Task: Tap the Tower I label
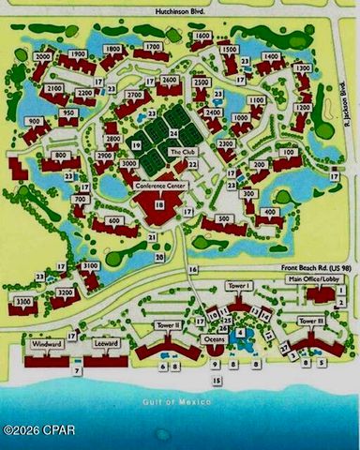[x=238, y=286]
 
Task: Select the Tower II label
[x=169, y=324]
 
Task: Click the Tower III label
[x=311, y=321]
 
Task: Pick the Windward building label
[x=47, y=344]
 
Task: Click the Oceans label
[x=212, y=338]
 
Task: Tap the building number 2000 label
[x=42, y=56]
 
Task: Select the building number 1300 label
[x=303, y=68]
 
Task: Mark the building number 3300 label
[x=23, y=301]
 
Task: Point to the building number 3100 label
[x=91, y=267]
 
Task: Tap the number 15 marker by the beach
[x=217, y=381]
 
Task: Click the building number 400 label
[x=270, y=213]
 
